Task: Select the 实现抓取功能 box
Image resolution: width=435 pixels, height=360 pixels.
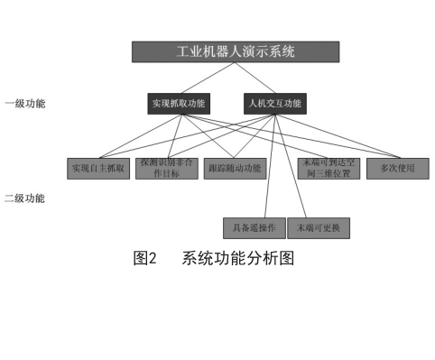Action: pyautogui.click(x=177, y=103)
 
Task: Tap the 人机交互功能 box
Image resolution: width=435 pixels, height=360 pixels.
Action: pyautogui.click(x=274, y=103)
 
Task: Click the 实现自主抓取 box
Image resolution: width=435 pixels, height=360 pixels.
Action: pyautogui.click(x=98, y=169)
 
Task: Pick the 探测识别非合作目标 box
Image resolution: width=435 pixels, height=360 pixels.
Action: pyautogui.click(x=166, y=169)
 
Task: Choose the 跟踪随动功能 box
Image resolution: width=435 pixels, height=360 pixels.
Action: pyautogui.click(x=234, y=169)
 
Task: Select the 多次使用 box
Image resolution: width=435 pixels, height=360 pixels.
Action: pyautogui.click(x=397, y=169)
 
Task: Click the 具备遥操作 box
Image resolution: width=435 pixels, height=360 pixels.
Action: pyautogui.click(x=255, y=226)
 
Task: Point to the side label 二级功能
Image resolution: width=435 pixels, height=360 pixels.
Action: pyautogui.click(x=24, y=198)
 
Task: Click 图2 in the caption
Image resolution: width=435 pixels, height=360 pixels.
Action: pyautogui.click(x=144, y=259)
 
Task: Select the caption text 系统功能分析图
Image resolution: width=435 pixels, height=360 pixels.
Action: pyautogui.click(x=237, y=259)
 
